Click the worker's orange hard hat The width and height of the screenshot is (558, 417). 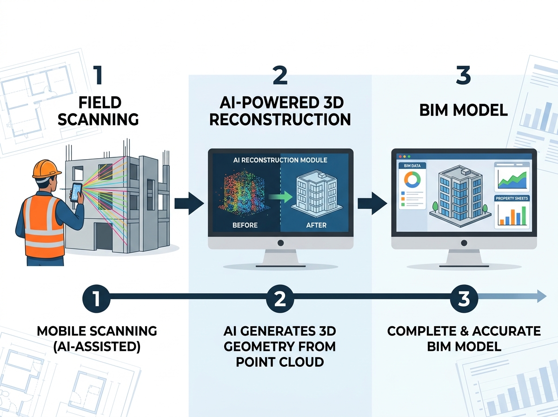pyautogui.click(x=46, y=169)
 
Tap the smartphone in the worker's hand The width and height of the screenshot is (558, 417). pyautogui.click(x=77, y=193)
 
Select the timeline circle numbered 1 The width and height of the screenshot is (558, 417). pyautogui.click(x=96, y=298)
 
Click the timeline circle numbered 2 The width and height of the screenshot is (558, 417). pyautogui.click(x=280, y=298)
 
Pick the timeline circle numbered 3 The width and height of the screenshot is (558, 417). pyautogui.click(x=464, y=298)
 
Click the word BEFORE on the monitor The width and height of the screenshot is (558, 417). pyautogui.click(x=245, y=225)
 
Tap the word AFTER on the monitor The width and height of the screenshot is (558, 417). pyautogui.click(x=316, y=225)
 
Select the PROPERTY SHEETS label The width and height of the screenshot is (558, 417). pyautogui.click(x=512, y=198)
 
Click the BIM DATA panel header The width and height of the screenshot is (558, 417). pyautogui.click(x=412, y=166)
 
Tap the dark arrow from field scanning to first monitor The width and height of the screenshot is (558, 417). pyautogui.click(x=189, y=203)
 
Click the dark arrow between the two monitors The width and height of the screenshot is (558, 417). pyautogui.click(x=372, y=203)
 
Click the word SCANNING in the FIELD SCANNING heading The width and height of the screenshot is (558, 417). pyautogui.click(x=98, y=119)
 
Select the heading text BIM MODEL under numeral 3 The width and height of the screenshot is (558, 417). pyautogui.click(x=464, y=111)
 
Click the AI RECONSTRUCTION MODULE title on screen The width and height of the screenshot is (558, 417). pyautogui.click(x=280, y=160)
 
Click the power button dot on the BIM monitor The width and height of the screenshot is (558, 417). pyautogui.click(x=464, y=243)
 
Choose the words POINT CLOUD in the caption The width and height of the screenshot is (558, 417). pyautogui.click(x=280, y=362)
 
